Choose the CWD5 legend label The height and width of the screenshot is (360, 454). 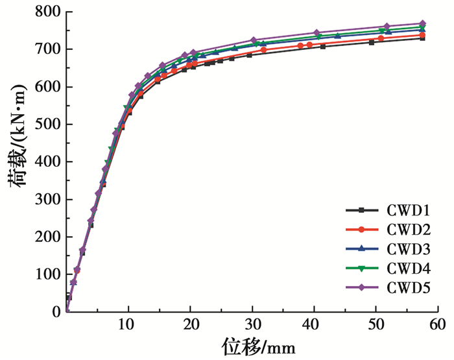(407, 287)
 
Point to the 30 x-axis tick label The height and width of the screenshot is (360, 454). (252, 324)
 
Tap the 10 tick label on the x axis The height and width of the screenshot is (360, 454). (128, 324)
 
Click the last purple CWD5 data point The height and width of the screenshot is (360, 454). (422, 23)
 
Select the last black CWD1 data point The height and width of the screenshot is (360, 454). (422, 38)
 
